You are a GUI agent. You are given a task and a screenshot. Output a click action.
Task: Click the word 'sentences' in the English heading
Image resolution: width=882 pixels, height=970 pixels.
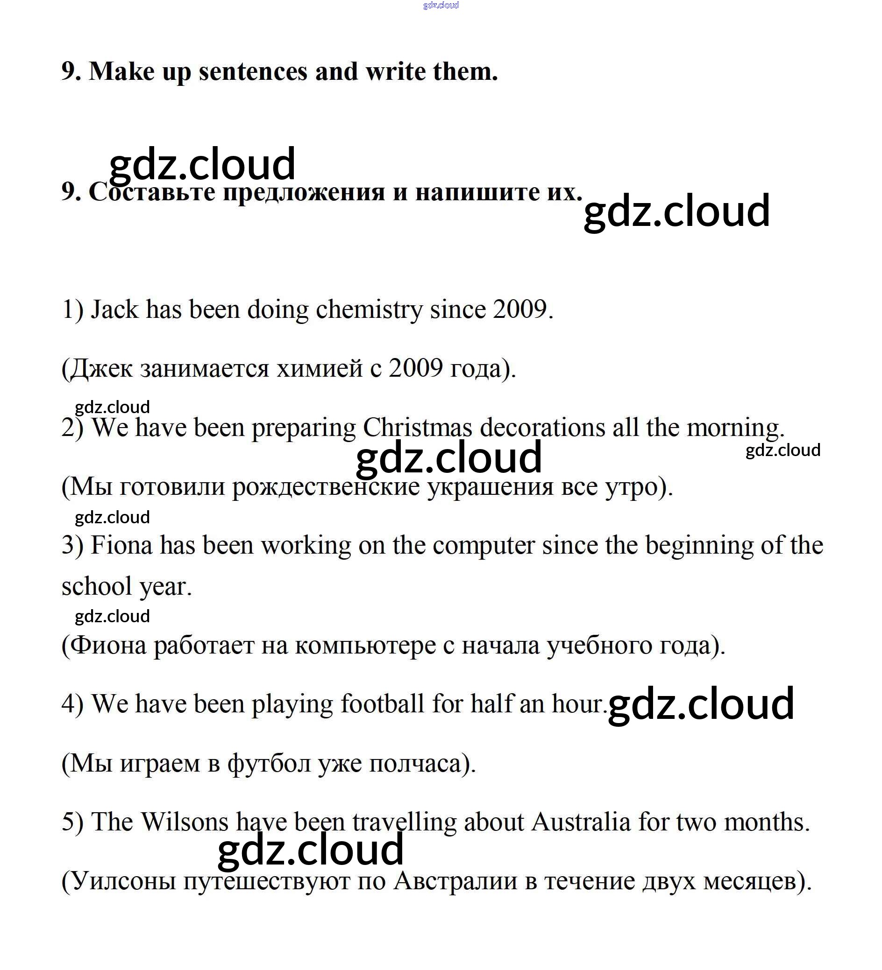point(253,72)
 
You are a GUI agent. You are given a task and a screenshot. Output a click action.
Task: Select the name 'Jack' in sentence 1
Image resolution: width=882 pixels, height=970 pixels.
point(114,309)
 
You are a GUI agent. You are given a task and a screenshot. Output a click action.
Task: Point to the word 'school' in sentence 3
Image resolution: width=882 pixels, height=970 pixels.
point(97,586)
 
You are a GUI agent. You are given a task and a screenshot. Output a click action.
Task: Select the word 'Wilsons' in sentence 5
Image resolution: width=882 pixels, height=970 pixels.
point(185,822)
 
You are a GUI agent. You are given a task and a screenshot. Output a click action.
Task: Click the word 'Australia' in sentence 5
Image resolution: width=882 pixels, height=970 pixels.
point(581,822)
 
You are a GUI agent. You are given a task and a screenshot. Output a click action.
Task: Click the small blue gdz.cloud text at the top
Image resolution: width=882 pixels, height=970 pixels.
point(441,5)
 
